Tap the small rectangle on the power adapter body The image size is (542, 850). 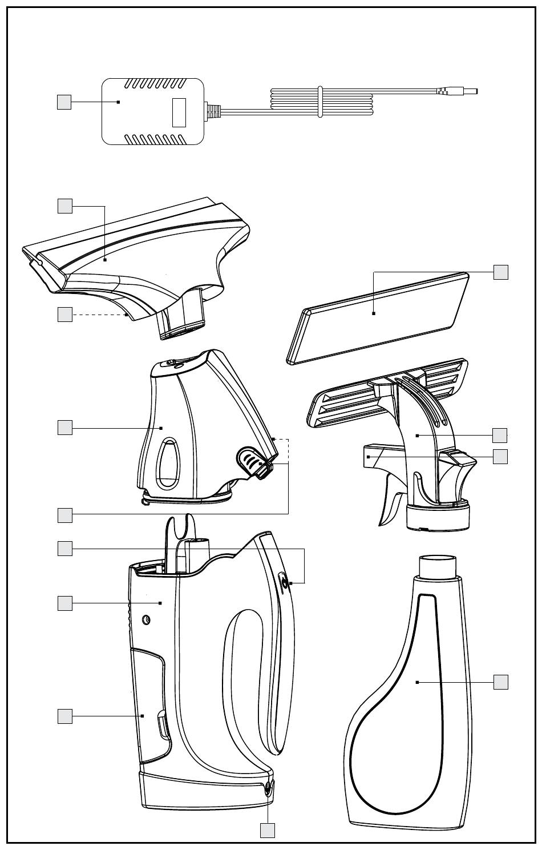(179, 112)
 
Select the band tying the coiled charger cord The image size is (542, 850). (320, 102)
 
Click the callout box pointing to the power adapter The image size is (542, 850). (64, 102)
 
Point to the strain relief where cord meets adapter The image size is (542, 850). (213, 111)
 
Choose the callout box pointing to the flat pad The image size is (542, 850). (500, 272)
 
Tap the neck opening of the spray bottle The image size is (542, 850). (438, 565)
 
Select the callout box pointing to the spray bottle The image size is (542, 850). (500, 682)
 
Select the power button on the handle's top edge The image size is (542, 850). (284, 582)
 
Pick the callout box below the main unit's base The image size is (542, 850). (268, 830)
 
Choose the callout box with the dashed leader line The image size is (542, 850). (64, 315)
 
